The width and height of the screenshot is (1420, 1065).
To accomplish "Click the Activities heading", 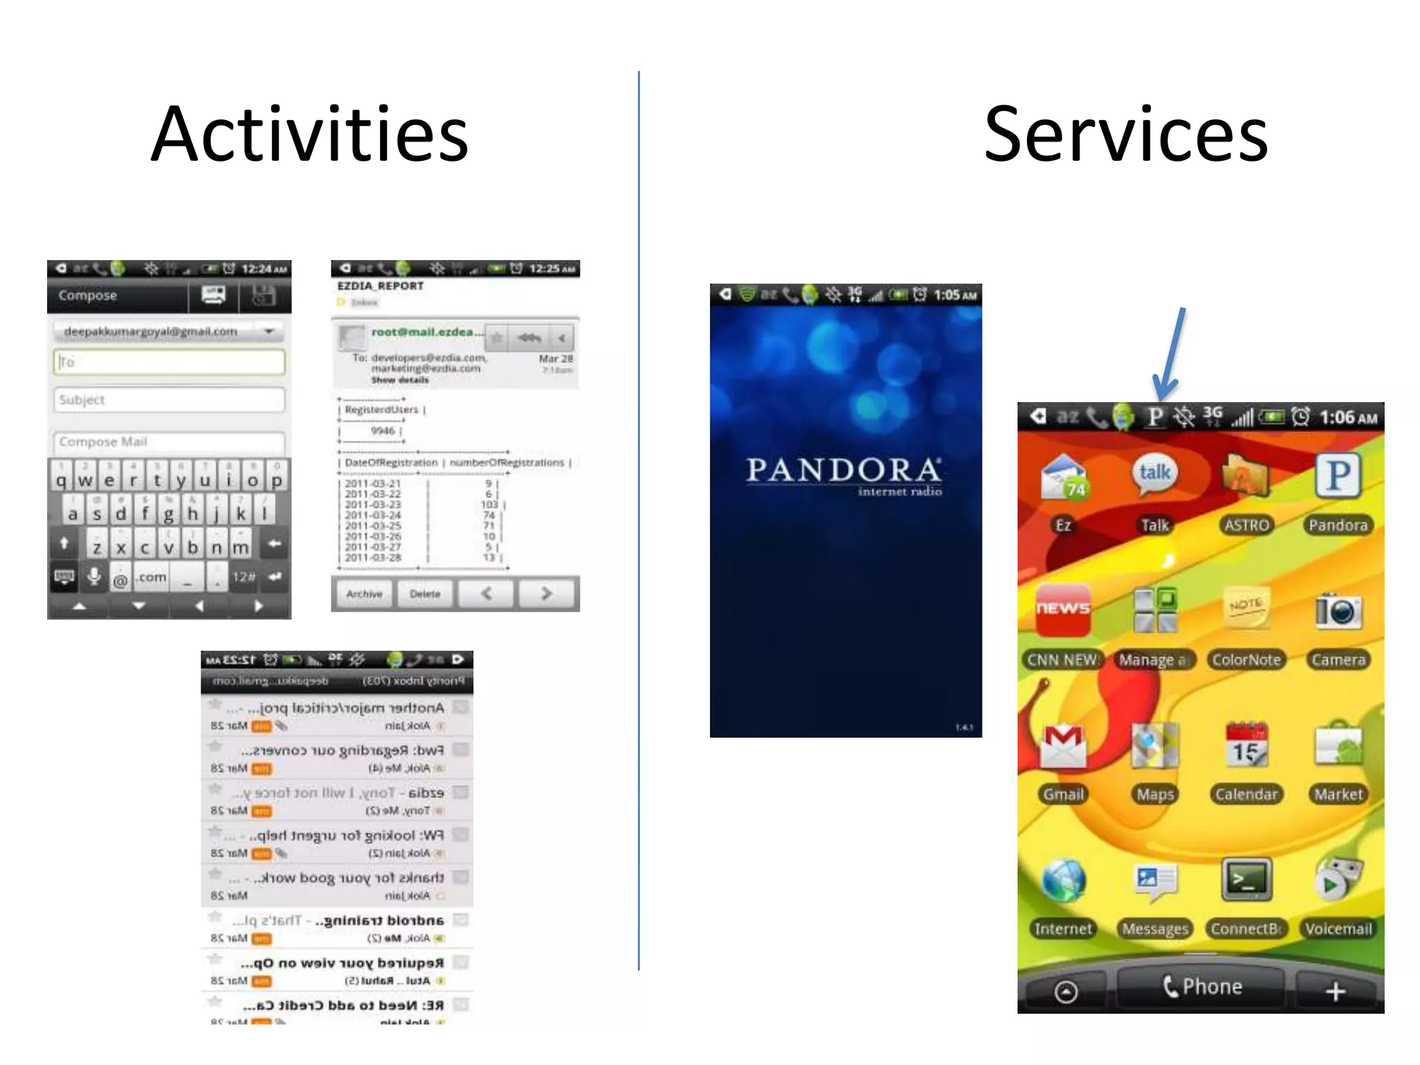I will [x=310, y=135].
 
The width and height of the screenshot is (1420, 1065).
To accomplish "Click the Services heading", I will [x=1125, y=135].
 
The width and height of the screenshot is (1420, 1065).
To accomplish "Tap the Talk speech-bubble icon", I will [x=1154, y=474].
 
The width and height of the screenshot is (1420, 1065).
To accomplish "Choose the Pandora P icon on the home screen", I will [x=1337, y=476].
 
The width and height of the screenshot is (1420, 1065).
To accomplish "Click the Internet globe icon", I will [x=1063, y=881].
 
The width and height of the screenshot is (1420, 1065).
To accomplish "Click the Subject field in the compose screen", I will [x=169, y=400].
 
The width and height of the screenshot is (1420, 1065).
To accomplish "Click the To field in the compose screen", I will [x=169, y=362].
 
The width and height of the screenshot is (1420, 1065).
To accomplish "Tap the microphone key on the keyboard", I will [x=94, y=576].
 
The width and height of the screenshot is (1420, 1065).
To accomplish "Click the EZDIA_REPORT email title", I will [x=380, y=286].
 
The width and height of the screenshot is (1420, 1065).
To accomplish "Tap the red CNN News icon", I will [x=1062, y=609].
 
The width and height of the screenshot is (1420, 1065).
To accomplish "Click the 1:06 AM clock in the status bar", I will [x=1348, y=417].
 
